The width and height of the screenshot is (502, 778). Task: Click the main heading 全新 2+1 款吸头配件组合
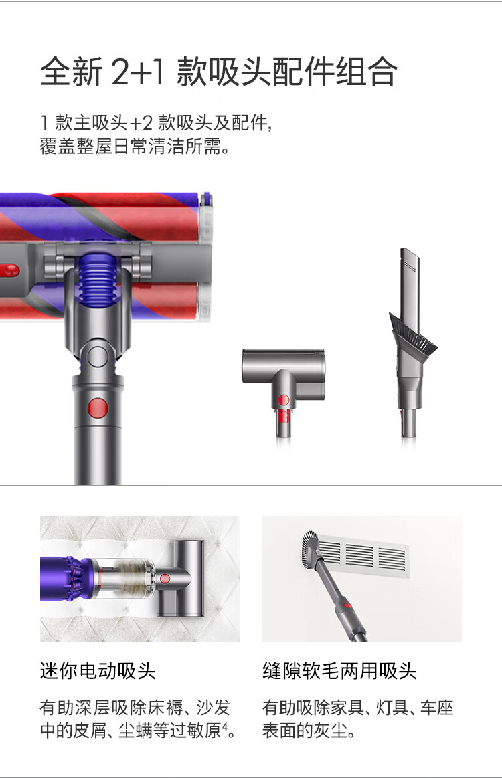click(218, 72)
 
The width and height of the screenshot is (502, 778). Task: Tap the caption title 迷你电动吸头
click(98, 671)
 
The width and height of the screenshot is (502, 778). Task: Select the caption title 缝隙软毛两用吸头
click(339, 671)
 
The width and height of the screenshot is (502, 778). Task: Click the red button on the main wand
click(97, 408)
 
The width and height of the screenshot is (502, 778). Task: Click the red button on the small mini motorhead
click(284, 400)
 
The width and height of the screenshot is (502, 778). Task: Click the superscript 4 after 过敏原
click(224, 726)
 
